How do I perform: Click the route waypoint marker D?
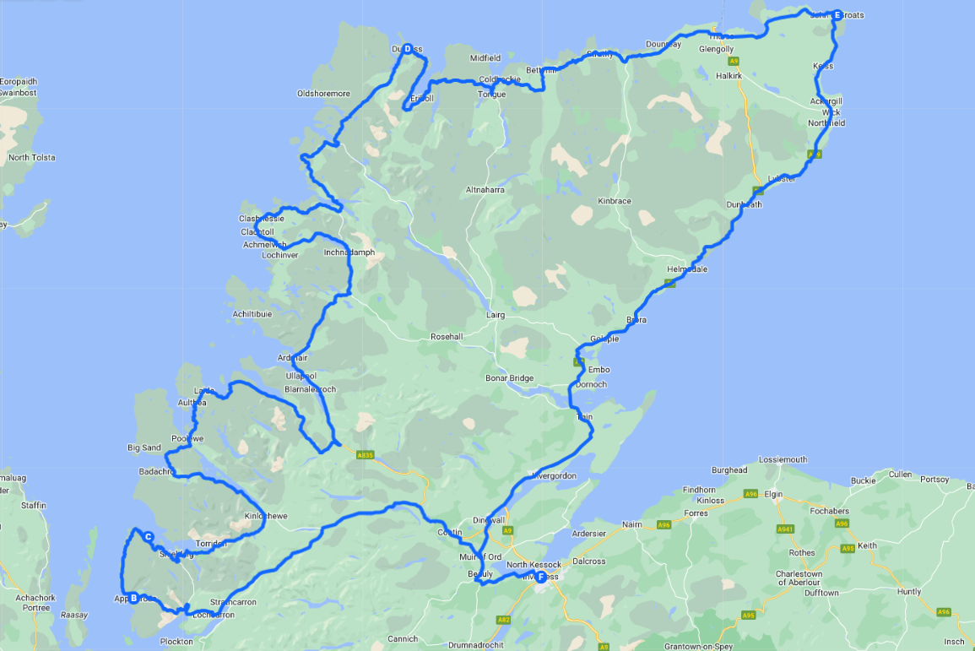[408, 49]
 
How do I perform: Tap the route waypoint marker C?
[148, 536]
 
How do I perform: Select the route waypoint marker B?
[133, 599]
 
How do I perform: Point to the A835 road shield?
[365, 455]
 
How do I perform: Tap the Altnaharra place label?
[485, 191]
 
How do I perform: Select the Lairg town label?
[496, 315]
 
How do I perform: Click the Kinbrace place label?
[615, 202]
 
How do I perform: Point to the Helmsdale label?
[687, 269]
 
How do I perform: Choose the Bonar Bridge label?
[510, 378]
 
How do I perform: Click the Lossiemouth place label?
[783, 460]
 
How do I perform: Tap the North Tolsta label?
[31, 158]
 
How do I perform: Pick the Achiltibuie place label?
[252, 314]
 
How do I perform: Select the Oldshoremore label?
[323, 94]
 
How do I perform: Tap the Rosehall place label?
[447, 337]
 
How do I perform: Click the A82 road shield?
[504, 620]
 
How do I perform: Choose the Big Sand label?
[144, 448]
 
